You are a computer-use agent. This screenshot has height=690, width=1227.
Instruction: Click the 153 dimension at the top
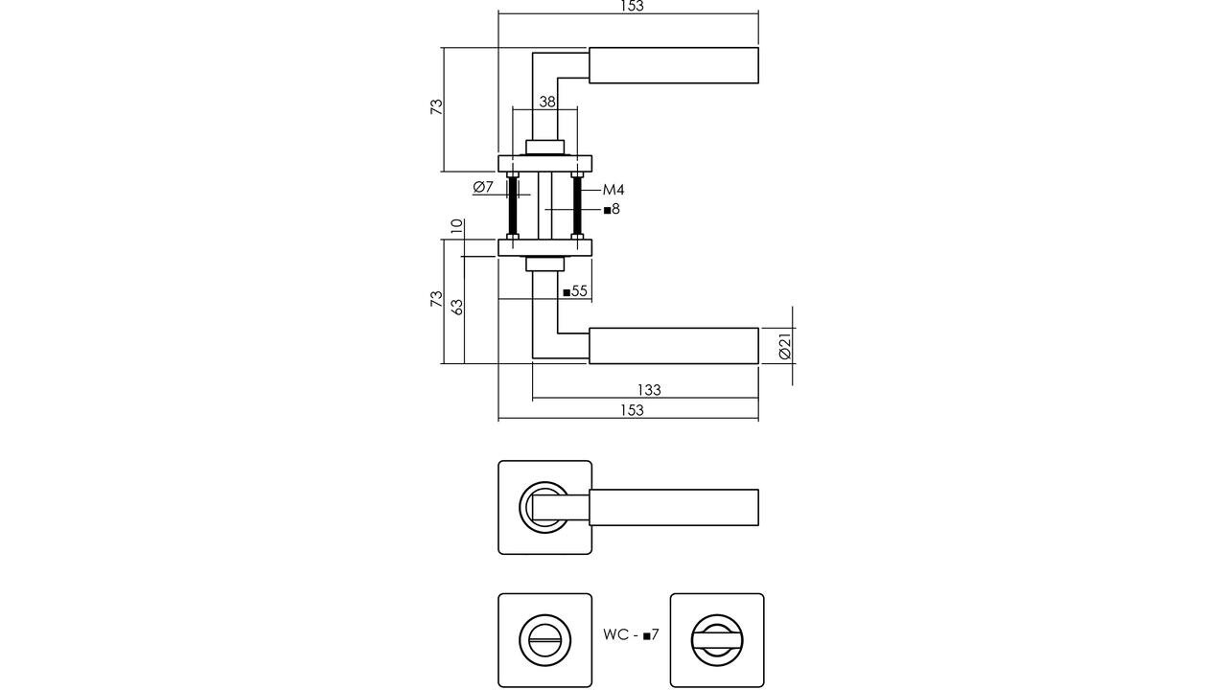coord(630,7)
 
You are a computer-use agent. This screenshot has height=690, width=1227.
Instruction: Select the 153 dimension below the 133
coord(630,410)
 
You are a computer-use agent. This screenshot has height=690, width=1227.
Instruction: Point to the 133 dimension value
coord(649,390)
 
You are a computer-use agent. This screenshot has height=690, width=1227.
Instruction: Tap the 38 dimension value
coord(546,102)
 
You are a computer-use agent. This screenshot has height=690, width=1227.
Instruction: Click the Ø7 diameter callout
coord(483,187)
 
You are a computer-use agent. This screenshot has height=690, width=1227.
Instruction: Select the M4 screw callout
coord(613,190)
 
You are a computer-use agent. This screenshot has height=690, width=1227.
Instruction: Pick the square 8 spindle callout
coord(612,209)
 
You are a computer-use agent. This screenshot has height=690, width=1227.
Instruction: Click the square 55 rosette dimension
coord(575,291)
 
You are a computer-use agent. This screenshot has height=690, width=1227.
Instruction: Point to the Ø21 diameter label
coord(784,346)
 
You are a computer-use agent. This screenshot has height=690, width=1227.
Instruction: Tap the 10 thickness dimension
coord(457,227)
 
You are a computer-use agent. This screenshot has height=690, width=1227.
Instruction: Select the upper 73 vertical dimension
coord(436,107)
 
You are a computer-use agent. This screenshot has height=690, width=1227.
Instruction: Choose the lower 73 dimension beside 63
coord(436,299)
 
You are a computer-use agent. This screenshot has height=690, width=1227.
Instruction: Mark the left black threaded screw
coord(513,207)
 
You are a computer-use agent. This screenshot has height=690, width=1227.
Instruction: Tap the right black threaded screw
coord(578,207)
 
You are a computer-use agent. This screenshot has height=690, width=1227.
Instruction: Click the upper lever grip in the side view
coord(673,65)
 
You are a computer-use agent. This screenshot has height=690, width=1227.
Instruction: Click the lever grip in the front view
coord(673,507)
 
